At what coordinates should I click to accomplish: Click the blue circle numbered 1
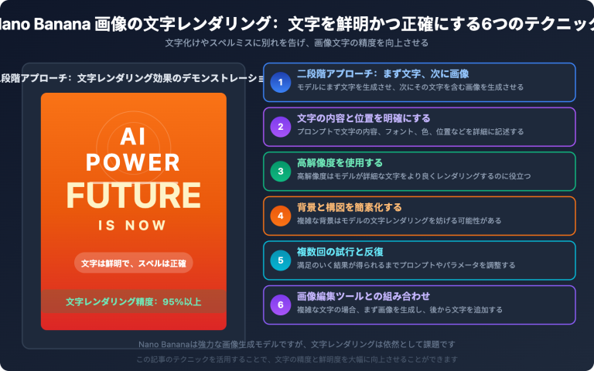point(281,82)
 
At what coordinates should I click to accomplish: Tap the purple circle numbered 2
point(281,127)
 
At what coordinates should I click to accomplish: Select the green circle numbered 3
point(281,171)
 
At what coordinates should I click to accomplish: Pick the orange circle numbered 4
point(281,216)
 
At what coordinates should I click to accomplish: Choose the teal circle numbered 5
point(281,260)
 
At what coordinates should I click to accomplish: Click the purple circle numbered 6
point(281,305)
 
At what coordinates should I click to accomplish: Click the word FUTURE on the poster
point(133,194)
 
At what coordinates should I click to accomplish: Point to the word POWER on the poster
point(133,162)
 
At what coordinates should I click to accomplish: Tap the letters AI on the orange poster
point(133,137)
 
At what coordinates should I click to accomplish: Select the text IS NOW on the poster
point(133,226)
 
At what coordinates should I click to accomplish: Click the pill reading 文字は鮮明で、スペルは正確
point(133,262)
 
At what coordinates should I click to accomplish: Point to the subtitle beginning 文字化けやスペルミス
point(297,43)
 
